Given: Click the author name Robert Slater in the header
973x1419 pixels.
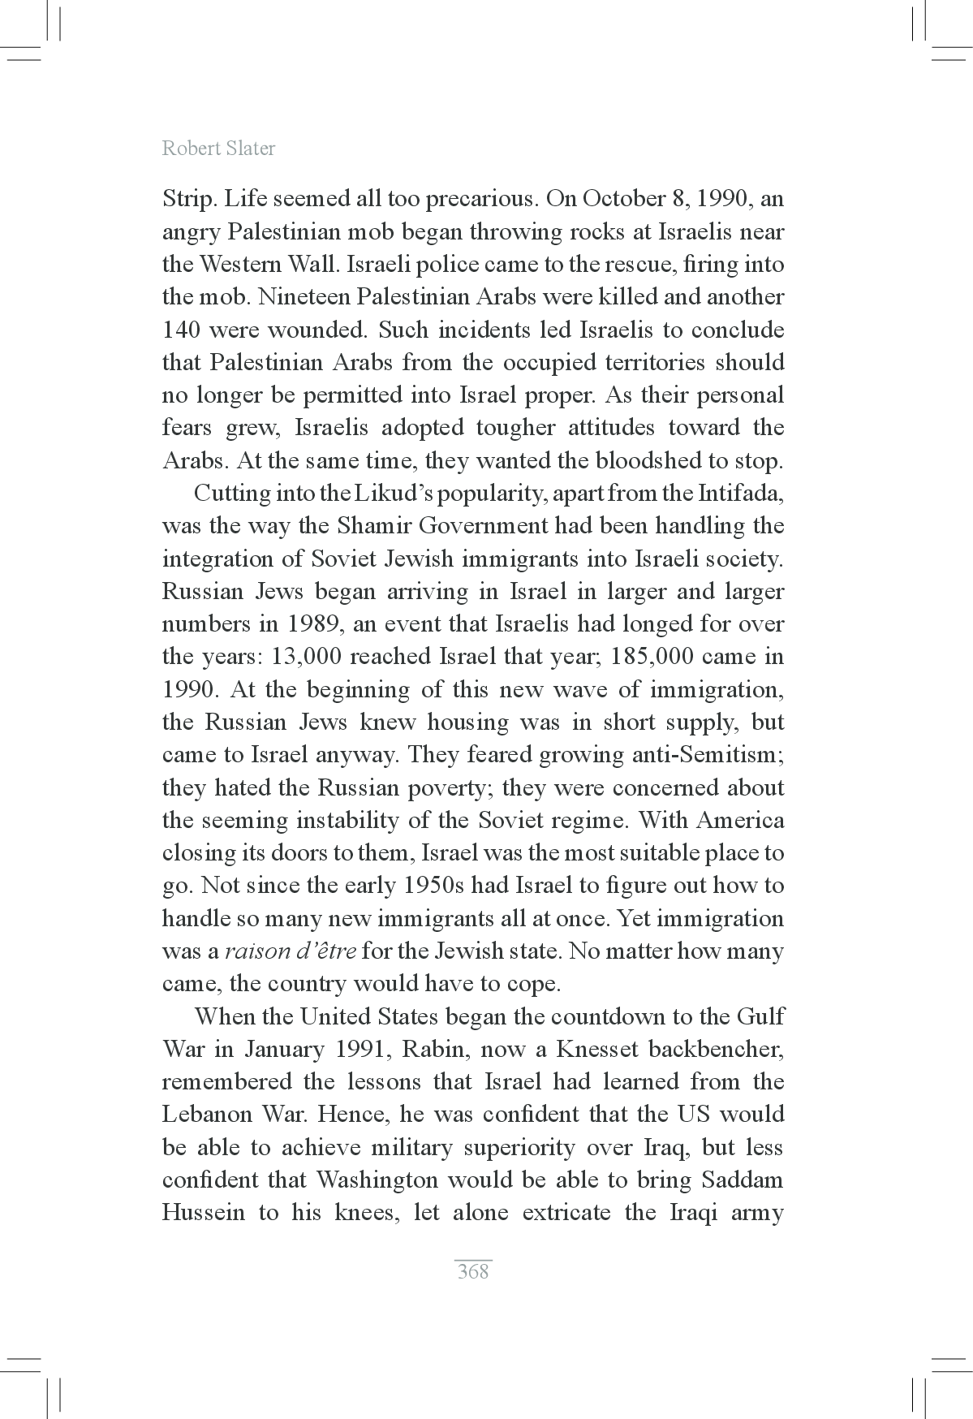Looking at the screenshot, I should coord(218,149).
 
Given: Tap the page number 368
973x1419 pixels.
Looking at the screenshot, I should coord(473,1271).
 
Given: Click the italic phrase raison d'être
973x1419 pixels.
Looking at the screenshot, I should coord(291,951).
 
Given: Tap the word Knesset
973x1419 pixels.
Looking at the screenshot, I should coord(596,1050).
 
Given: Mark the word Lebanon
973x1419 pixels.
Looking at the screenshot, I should coord(208,1115).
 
